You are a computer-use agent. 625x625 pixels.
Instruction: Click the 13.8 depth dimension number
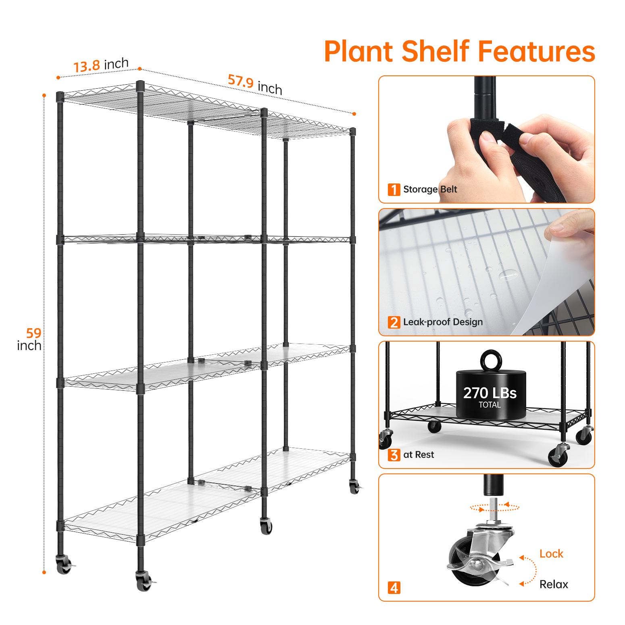87,66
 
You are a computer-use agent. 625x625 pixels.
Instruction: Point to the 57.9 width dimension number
241,81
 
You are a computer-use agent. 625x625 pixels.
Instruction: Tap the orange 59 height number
33,333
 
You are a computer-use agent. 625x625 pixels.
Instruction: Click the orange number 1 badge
394,190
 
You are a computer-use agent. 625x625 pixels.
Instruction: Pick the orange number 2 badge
394,322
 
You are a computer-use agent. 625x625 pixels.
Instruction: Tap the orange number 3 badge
394,455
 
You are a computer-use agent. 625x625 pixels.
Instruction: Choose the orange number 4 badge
394,587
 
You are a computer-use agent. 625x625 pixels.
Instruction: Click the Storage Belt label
430,189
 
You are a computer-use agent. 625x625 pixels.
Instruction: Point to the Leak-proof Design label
443,322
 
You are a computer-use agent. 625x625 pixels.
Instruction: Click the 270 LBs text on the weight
490,393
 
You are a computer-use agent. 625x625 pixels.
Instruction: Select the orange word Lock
551,554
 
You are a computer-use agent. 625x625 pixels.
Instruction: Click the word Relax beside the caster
554,584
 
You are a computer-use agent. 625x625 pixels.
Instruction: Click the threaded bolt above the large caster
494,508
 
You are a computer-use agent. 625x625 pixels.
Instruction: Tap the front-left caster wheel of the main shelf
144,582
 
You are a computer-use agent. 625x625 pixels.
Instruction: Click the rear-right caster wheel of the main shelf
354,487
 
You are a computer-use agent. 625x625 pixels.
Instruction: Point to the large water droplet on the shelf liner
508,275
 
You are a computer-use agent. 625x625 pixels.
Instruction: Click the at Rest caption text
419,454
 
